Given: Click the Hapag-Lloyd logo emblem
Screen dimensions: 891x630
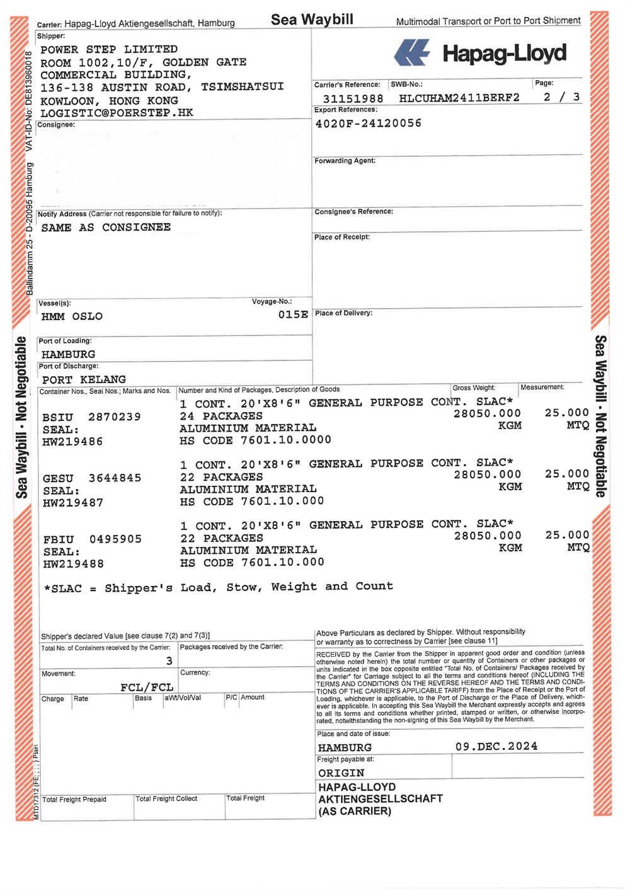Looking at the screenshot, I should pos(412,53).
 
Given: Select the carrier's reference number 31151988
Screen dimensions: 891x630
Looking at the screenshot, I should pos(353,98).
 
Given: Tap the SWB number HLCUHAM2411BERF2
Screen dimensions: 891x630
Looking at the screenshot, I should pos(459,98).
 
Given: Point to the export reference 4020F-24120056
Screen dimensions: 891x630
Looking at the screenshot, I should pos(368,124).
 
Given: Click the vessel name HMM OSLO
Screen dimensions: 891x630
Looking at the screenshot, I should pos(72,316).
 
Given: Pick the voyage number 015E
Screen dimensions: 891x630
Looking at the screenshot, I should pos(293,314).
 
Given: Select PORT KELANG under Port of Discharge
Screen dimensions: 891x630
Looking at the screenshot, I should pos(84,379).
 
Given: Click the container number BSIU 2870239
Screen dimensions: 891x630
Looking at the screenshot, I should pos(91,417).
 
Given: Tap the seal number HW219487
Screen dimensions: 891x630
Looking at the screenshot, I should pos(72,503).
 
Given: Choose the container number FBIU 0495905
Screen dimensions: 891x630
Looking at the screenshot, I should pos(92,539).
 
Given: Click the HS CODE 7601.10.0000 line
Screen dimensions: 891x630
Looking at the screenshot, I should pos(255,440).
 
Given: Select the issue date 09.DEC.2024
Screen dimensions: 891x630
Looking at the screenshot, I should pos(496,747).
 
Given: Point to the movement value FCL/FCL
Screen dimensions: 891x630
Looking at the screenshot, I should pos(146,687).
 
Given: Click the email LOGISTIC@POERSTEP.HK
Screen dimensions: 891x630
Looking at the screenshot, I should pos(117,113).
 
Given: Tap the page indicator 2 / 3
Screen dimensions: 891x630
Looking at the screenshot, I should pos(561,97).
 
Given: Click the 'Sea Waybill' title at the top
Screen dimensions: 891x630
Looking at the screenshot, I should pos(312,20).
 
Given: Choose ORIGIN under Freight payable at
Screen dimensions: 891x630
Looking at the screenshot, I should pos(341,773).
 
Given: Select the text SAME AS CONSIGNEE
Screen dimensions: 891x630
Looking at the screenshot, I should pos(106,227).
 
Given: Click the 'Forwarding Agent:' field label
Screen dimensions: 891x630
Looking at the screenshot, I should pos(345,161).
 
